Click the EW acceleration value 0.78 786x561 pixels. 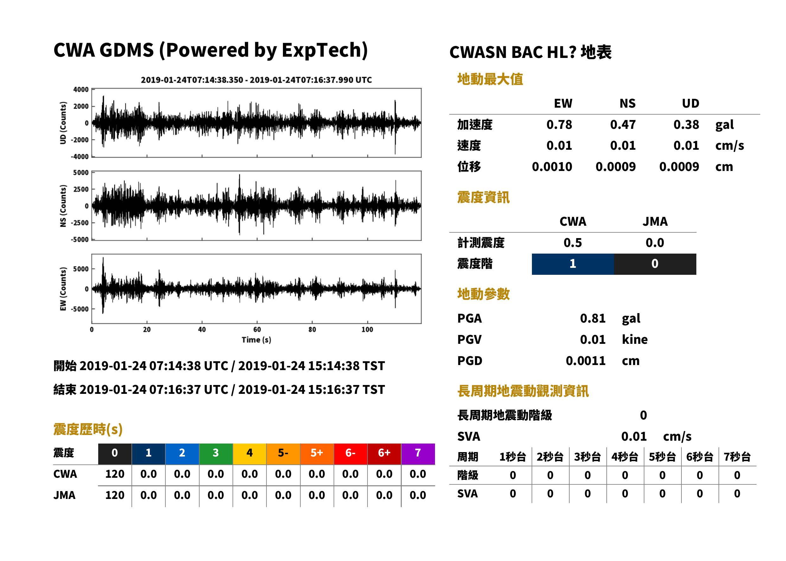(x=559, y=125)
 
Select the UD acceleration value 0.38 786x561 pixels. (x=686, y=125)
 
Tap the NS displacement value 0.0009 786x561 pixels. (x=615, y=167)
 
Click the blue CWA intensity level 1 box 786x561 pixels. (x=573, y=264)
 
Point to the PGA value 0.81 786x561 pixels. (x=592, y=318)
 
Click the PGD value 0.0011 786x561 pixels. (x=585, y=361)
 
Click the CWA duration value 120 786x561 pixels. (x=115, y=474)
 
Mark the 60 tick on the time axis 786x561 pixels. (x=257, y=330)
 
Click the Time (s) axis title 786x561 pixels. (x=257, y=340)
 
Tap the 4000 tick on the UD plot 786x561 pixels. (x=81, y=90)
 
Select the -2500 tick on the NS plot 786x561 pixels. (x=80, y=223)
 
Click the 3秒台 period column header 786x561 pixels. (x=587, y=457)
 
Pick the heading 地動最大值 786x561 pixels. (x=490, y=79)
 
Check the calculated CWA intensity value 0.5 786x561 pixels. (x=573, y=243)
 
